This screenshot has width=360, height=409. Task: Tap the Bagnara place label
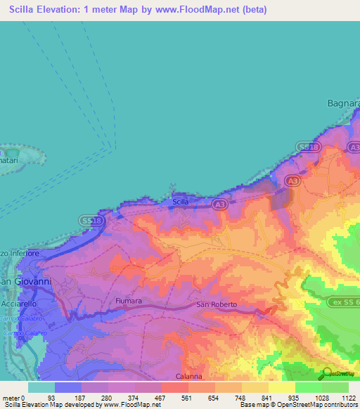click(x=343, y=103)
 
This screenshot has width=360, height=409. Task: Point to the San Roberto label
click(x=217, y=305)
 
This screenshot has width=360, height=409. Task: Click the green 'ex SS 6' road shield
click(x=343, y=301)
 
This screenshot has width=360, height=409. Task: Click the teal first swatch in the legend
click(x=41, y=387)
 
